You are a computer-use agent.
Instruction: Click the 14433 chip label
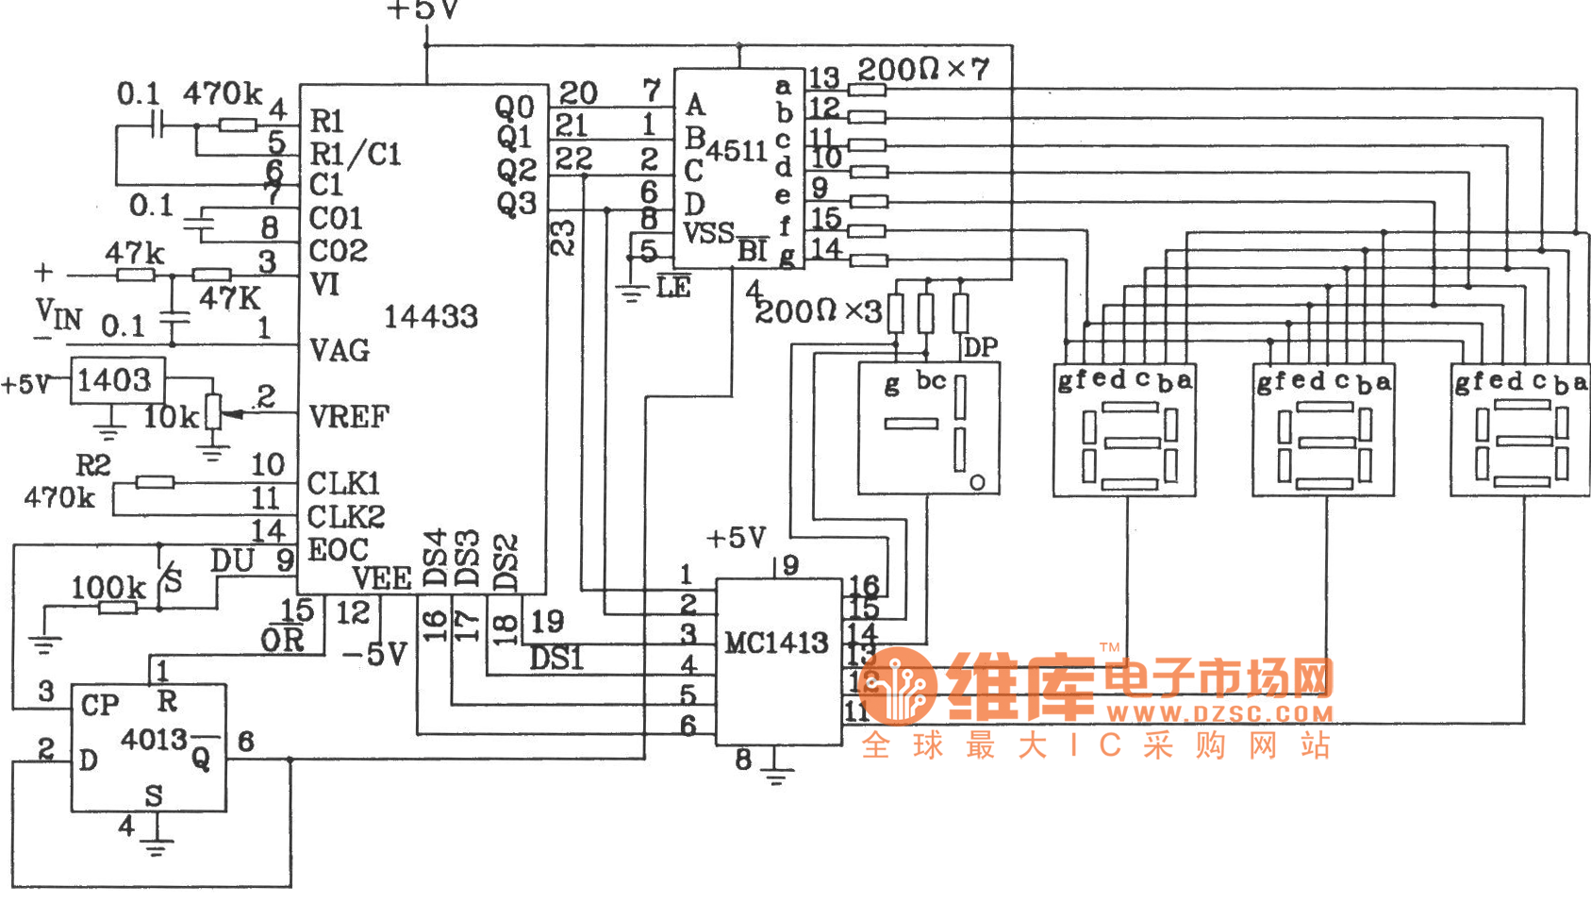click(x=430, y=317)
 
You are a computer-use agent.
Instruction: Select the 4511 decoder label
click(x=737, y=151)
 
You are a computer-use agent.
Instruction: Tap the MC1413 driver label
click(x=775, y=643)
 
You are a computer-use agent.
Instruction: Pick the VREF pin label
click(x=349, y=416)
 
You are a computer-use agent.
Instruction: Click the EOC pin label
click(x=338, y=550)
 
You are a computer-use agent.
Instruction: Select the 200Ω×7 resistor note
click(x=922, y=69)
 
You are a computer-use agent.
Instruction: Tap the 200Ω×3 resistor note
click(x=818, y=311)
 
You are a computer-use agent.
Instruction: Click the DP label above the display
click(x=981, y=347)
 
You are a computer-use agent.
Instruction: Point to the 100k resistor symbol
click(x=118, y=608)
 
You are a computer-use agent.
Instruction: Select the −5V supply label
click(x=374, y=653)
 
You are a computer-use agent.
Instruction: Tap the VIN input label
click(x=58, y=313)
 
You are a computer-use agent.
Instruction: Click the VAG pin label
click(x=340, y=351)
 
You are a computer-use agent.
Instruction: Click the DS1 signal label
click(x=556, y=658)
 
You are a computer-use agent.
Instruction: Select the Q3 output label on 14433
click(x=516, y=203)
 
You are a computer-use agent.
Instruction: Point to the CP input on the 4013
click(x=100, y=705)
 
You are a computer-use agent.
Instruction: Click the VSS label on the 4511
click(x=708, y=233)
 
